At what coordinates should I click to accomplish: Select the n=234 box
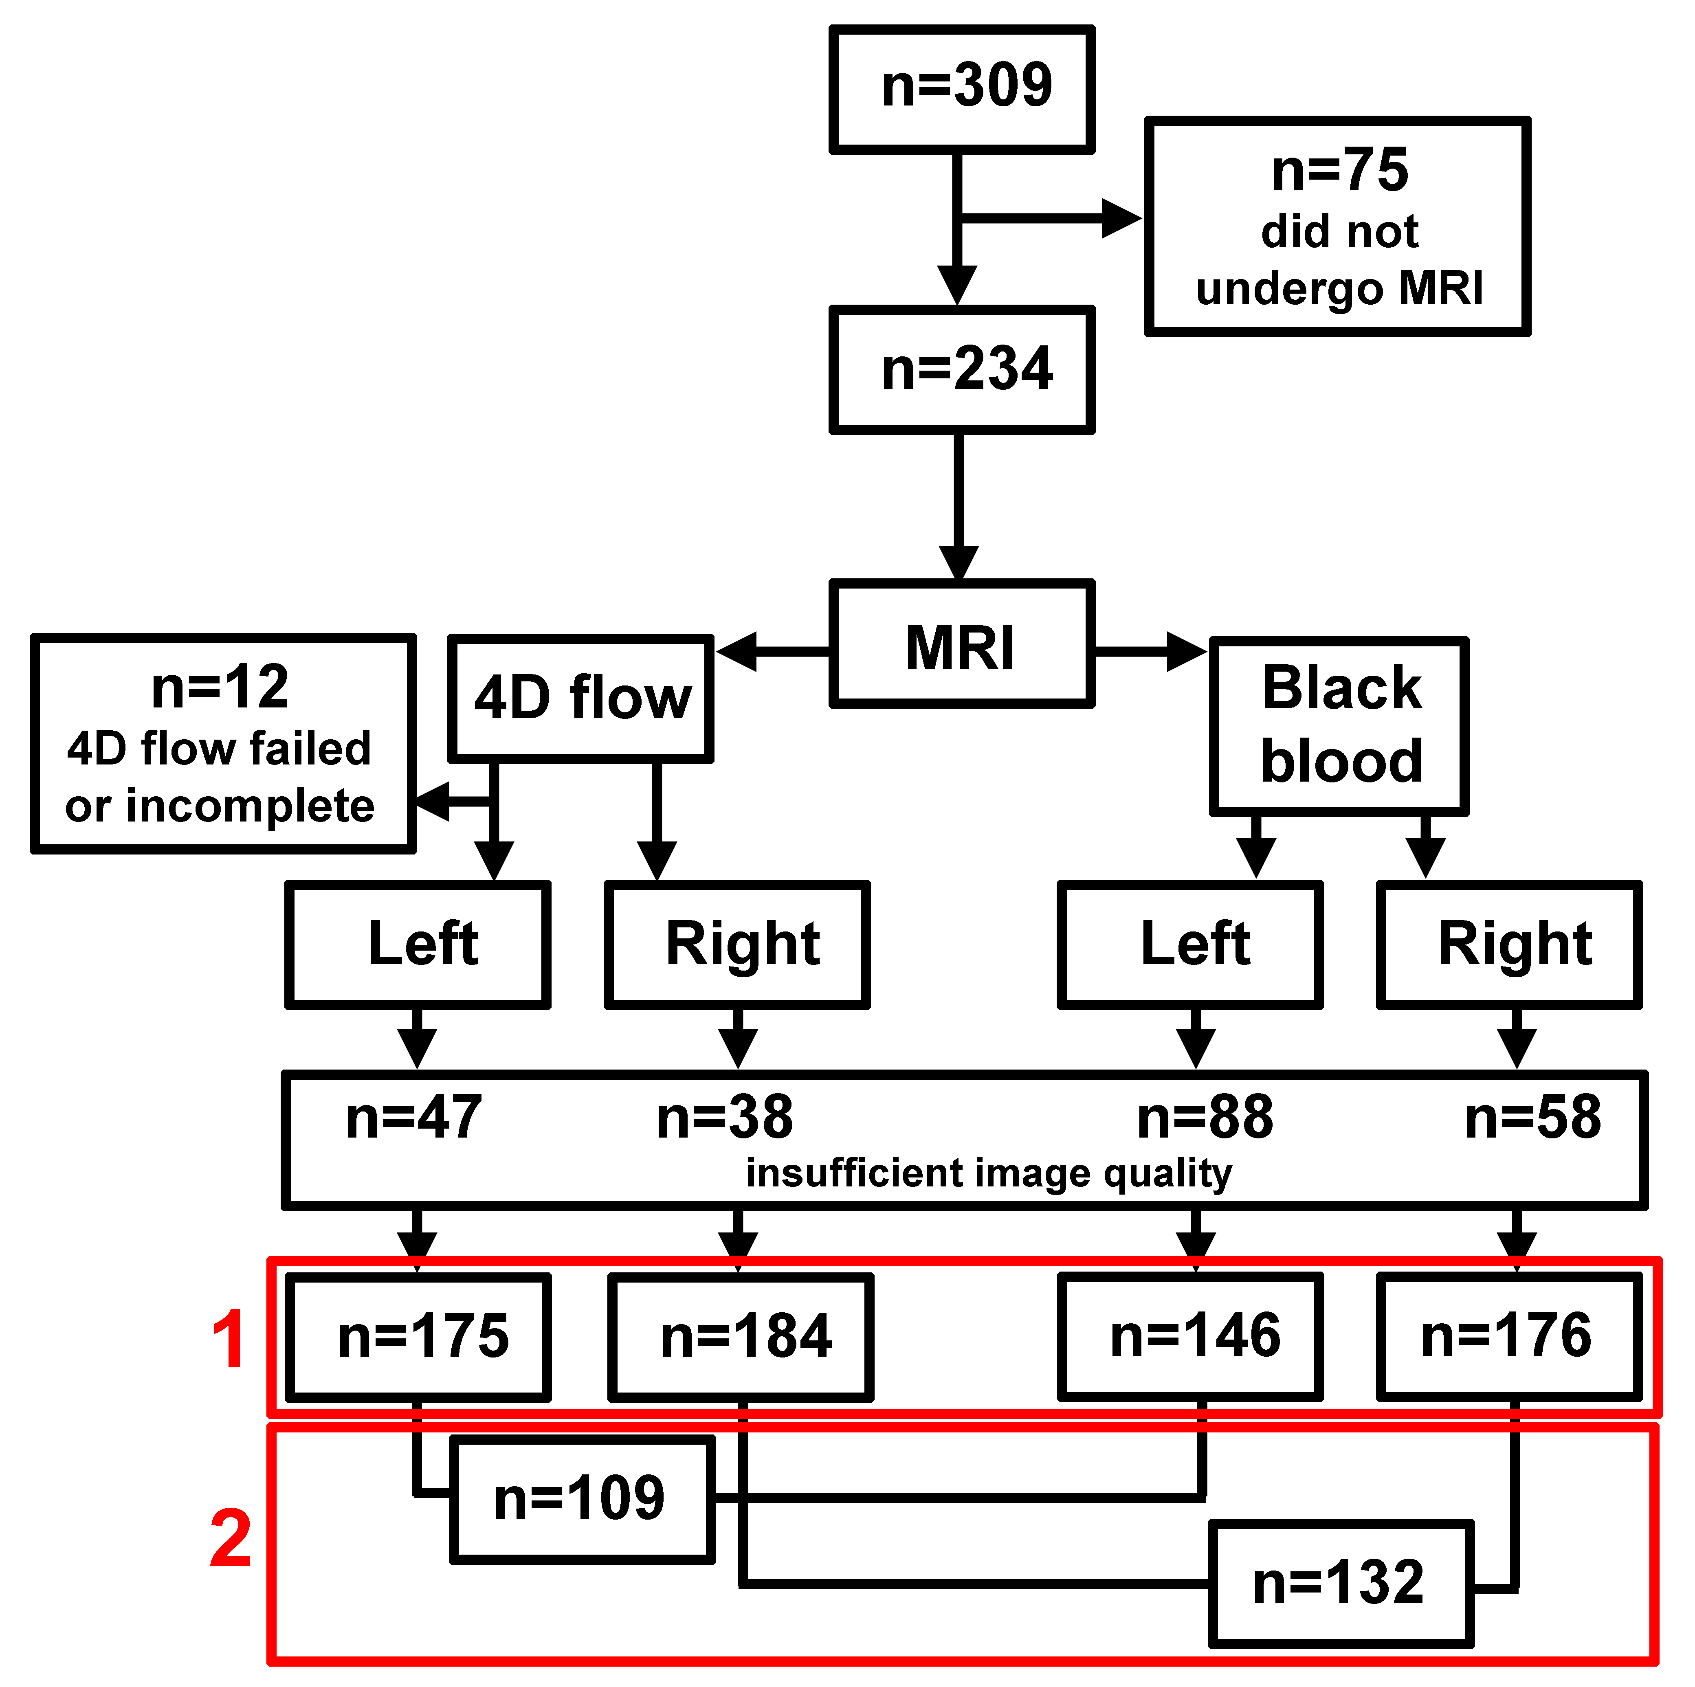click(963, 369)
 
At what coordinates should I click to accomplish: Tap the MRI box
click(963, 644)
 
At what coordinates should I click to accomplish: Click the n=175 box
click(418, 1337)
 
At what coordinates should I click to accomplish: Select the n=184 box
click(741, 1337)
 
